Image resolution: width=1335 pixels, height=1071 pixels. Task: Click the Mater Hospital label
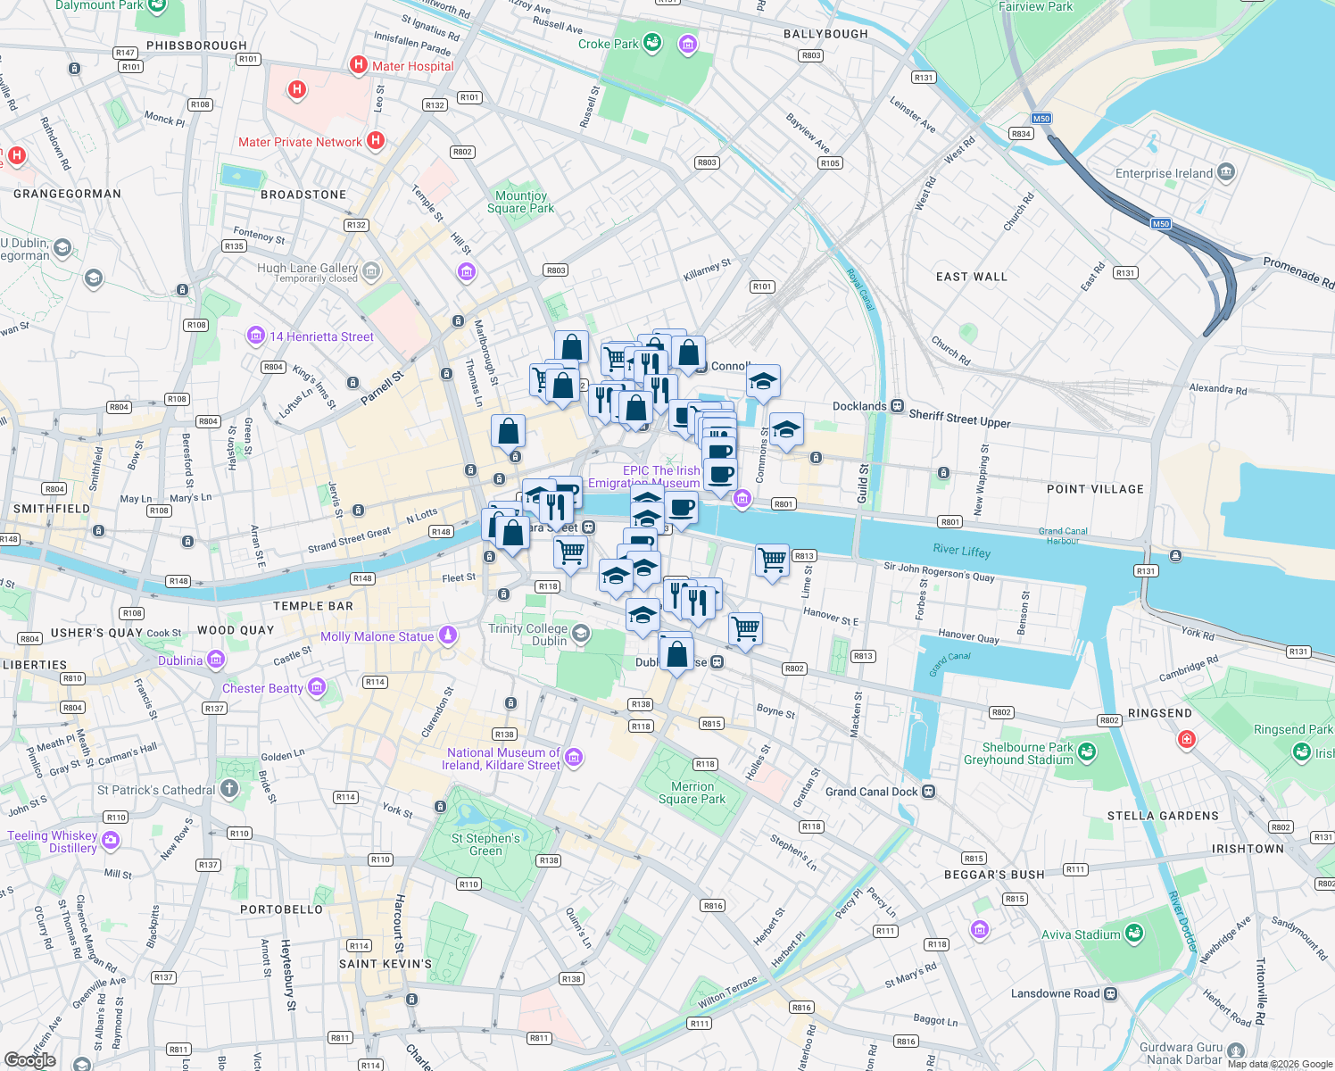click(x=412, y=66)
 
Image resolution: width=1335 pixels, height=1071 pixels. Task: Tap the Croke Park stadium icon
click(x=652, y=43)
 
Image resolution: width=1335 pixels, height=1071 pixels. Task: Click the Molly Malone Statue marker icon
click(x=448, y=635)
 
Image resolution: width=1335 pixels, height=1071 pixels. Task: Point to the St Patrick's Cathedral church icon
click(x=229, y=789)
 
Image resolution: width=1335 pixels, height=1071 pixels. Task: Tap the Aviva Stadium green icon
click(x=1134, y=934)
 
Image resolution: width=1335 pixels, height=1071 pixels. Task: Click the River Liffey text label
click(x=961, y=551)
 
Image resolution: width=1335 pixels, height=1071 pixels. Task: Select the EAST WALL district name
click(x=971, y=277)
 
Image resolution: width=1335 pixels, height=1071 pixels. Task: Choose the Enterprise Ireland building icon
click(x=1226, y=172)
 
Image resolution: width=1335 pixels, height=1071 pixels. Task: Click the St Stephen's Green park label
click(x=485, y=844)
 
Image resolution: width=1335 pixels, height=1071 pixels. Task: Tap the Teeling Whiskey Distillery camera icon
click(x=111, y=840)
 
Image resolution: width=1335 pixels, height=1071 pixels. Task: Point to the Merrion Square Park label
click(x=692, y=793)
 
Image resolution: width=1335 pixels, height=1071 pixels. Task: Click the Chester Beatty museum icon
click(x=317, y=687)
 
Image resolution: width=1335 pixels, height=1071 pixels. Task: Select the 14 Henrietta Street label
click(x=321, y=336)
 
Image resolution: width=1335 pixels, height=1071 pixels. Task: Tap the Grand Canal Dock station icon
click(x=928, y=792)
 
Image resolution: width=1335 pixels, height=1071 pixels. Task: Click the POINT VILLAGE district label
click(x=1095, y=489)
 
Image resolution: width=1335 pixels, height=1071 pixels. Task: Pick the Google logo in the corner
click(x=29, y=1059)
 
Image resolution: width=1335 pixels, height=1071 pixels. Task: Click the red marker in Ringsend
click(x=1186, y=739)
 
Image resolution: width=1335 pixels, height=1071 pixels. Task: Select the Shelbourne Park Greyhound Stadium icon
click(x=1086, y=752)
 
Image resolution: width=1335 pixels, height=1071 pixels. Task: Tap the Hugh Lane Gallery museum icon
click(x=371, y=270)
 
